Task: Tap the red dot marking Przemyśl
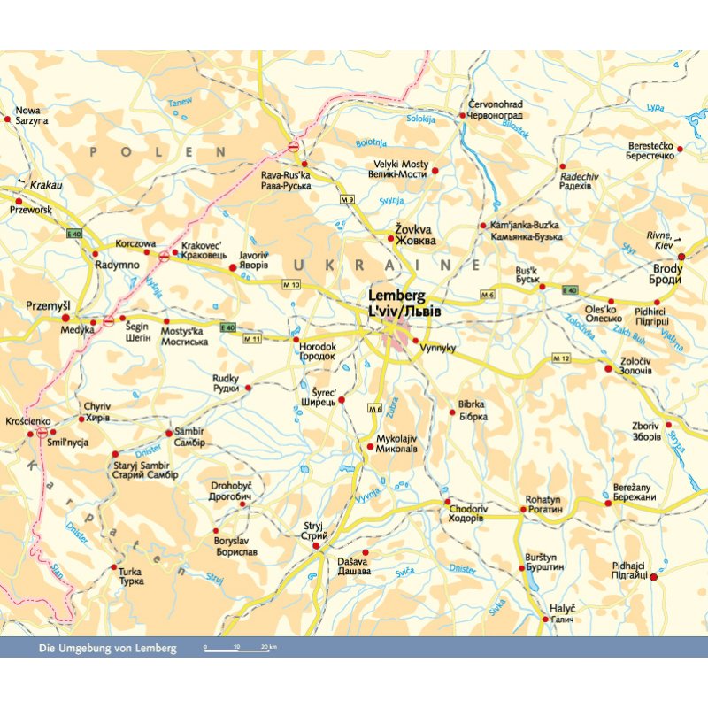(x=65, y=318)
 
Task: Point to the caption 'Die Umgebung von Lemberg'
(x=108, y=649)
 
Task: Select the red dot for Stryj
(x=315, y=547)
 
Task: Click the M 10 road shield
(x=291, y=284)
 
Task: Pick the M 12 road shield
(x=560, y=358)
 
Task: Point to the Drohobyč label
(x=231, y=491)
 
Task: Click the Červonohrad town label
(x=496, y=110)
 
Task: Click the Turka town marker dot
(x=113, y=566)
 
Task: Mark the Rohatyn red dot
(x=523, y=510)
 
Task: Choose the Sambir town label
(x=190, y=437)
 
